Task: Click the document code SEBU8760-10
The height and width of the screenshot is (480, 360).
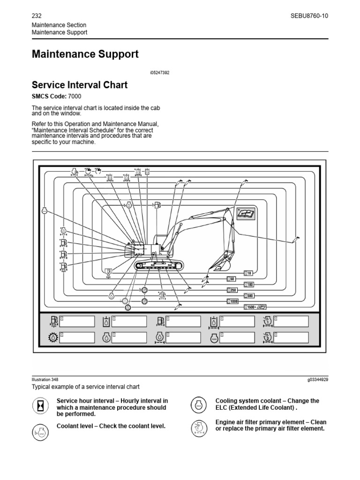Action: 309,15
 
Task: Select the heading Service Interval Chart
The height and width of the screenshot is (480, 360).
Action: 79,85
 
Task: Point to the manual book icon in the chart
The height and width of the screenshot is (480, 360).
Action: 245,213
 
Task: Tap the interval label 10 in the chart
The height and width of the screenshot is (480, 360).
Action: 248,273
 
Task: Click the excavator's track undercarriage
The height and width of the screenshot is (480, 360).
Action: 157,266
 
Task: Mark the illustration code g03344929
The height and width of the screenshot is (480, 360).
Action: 315,379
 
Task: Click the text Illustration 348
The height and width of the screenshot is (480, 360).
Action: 45,379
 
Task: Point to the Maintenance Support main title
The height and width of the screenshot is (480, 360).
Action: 85,54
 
